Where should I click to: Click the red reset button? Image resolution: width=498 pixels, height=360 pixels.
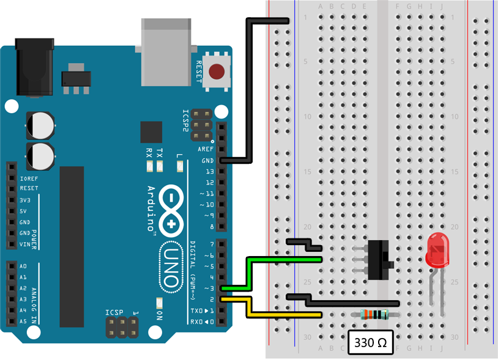[x=216, y=72]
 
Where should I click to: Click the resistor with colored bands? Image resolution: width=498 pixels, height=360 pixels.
[x=374, y=315]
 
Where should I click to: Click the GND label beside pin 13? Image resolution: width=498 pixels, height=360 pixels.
[x=206, y=161]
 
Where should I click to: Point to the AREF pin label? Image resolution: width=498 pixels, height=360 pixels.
[x=205, y=150]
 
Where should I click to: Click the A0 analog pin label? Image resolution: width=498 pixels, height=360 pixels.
[x=23, y=266]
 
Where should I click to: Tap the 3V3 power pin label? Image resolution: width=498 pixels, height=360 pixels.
[x=25, y=200]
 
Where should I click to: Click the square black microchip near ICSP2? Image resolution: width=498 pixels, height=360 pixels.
[x=151, y=131]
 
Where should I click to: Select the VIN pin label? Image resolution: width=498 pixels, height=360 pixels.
[x=25, y=244]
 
